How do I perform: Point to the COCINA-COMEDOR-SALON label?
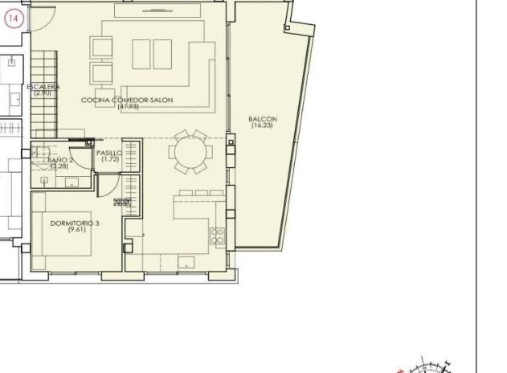[127, 100]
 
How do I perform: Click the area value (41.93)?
[127, 107]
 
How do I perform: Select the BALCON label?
[263, 118]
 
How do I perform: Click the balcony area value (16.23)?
[263, 125]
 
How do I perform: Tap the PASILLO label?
[108, 153]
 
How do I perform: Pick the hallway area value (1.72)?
[109, 159]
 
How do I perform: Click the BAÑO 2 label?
[60, 161]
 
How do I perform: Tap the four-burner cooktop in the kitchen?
[216, 236]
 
